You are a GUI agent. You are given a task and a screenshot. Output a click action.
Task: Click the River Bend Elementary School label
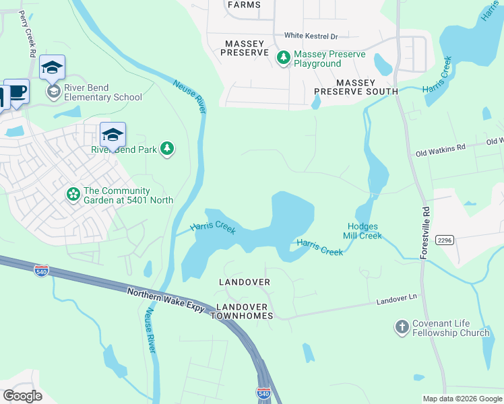pyautogui.click(x=103, y=92)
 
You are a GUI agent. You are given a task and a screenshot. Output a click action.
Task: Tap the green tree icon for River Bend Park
pyautogui.click(x=167, y=149)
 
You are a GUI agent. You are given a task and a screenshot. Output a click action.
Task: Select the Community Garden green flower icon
pyautogui.click(x=73, y=195)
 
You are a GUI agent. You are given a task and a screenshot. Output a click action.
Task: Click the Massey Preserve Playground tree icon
pyautogui.click(x=284, y=59)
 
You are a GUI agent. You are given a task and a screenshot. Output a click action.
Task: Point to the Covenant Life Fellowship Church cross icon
pyautogui.click(x=402, y=328)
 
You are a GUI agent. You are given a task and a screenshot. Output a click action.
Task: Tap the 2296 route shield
pyautogui.click(x=444, y=240)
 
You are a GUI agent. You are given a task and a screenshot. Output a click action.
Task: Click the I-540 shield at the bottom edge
pyautogui.click(x=263, y=392)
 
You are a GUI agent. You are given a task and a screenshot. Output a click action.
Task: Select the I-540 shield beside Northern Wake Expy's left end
pyautogui.click(x=41, y=269)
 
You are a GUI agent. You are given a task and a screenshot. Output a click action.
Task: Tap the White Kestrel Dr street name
pyautogui.click(x=311, y=36)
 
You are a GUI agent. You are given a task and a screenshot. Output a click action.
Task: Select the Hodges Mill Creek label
pyautogui.click(x=365, y=231)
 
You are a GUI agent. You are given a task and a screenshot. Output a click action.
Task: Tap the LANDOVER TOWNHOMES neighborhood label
pyautogui.click(x=244, y=310)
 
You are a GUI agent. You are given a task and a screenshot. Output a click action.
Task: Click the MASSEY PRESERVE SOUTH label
pyautogui.click(x=356, y=86)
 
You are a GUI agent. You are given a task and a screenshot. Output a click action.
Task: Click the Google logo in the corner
pyautogui.click(x=22, y=395)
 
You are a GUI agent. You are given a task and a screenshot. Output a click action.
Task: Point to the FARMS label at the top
pyautogui.click(x=243, y=5)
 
